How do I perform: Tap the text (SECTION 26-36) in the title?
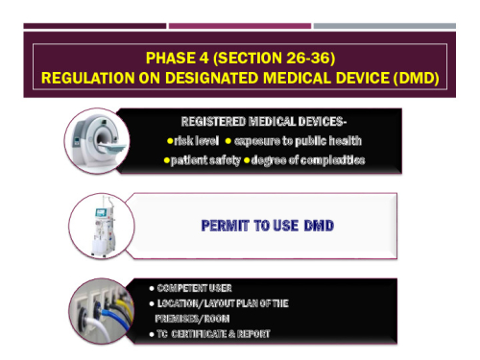pos(272,57)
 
